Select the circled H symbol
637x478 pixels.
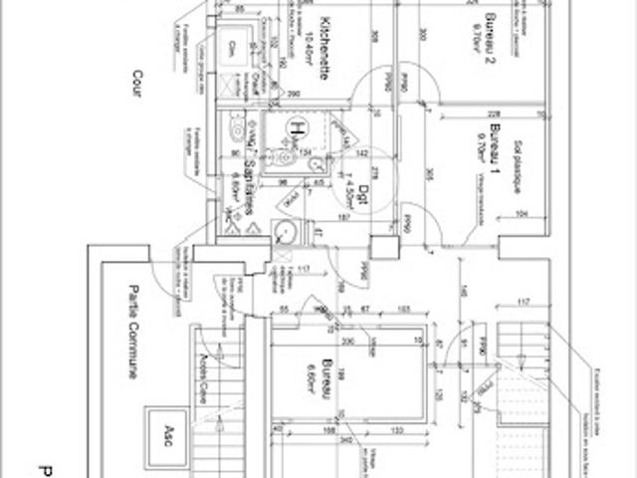(295, 126)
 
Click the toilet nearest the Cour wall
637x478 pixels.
(236, 130)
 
